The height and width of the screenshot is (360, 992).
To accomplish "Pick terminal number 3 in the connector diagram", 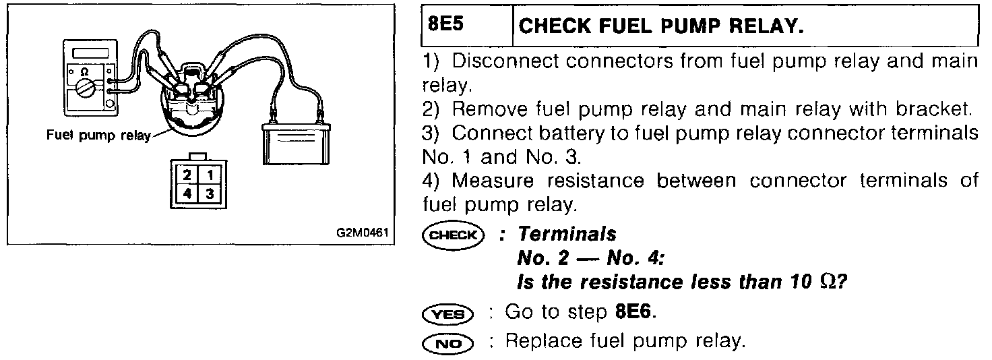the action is click(210, 193).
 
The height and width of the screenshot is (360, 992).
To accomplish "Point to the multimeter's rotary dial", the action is click(86, 87).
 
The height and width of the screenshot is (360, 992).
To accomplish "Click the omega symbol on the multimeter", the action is click(85, 70).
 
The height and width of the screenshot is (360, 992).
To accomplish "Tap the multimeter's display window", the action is click(88, 53).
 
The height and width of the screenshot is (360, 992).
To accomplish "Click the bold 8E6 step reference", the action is click(635, 313).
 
